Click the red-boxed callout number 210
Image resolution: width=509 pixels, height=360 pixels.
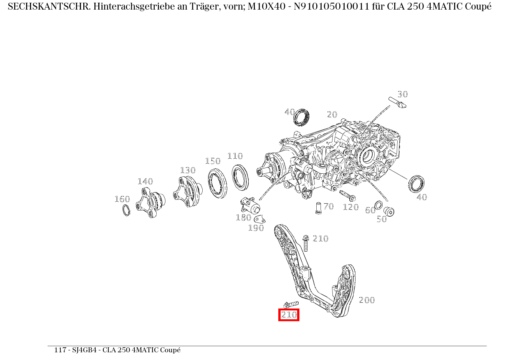pyautogui.click(x=289, y=315)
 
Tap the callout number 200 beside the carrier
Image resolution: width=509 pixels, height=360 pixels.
pyautogui.click(x=366, y=300)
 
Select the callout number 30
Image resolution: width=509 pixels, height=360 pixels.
pyautogui.click(x=402, y=94)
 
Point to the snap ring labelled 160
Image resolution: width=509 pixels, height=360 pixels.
pyautogui.click(x=126, y=210)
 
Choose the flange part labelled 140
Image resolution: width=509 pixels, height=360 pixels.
pyautogui.click(x=150, y=202)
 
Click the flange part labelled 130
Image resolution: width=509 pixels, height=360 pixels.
pyautogui.click(x=187, y=192)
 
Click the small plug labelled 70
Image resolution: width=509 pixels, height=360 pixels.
pyautogui.click(x=318, y=208)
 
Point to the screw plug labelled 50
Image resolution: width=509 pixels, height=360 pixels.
pyautogui.click(x=389, y=211)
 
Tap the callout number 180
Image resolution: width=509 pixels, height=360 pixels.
pyautogui.click(x=243, y=217)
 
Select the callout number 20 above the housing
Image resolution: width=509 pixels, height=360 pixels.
pyautogui.click(x=332, y=114)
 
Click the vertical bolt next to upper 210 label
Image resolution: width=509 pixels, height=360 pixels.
pyautogui.click(x=306, y=243)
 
